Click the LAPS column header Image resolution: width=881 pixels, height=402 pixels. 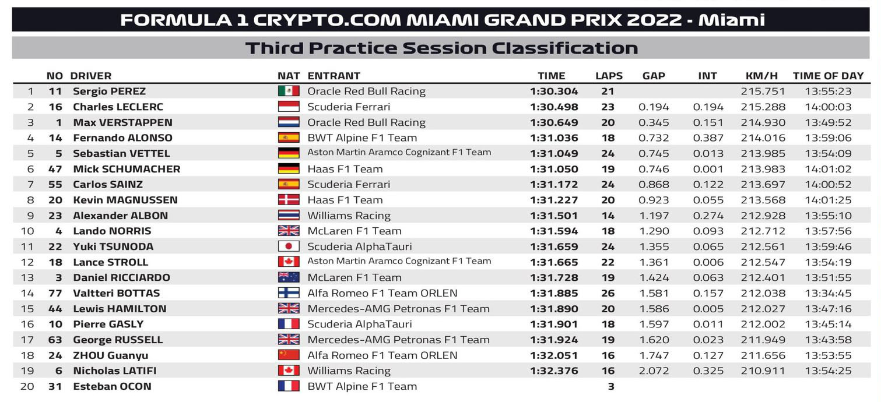(609, 76)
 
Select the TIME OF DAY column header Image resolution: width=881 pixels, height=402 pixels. (829, 76)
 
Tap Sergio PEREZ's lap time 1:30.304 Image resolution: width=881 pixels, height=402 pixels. (554, 91)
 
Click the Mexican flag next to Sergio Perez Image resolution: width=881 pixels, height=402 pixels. (289, 91)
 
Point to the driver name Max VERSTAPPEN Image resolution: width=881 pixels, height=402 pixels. (122, 122)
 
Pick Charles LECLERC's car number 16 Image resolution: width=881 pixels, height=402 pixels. (55, 107)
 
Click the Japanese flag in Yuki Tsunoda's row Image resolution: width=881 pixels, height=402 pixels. (289, 246)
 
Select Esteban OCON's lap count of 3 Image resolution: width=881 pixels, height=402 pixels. (611, 386)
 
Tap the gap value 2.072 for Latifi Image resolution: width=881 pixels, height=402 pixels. (654, 371)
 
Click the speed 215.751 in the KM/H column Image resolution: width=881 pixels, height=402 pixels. (763, 91)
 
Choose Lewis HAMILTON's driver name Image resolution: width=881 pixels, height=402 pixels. (120, 308)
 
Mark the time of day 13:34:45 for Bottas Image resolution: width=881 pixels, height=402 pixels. (828, 293)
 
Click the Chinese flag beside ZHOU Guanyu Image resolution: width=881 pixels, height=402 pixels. (289, 355)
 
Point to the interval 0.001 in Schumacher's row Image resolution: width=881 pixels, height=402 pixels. (708, 169)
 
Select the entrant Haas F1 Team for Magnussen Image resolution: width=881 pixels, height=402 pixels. (345, 200)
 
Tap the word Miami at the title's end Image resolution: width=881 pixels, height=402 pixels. (732, 20)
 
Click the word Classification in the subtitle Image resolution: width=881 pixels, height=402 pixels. (564, 48)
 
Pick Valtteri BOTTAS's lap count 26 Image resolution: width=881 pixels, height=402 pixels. (608, 293)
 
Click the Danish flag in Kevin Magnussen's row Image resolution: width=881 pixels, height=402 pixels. (289, 200)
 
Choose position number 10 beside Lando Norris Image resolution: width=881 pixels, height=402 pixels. (27, 231)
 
